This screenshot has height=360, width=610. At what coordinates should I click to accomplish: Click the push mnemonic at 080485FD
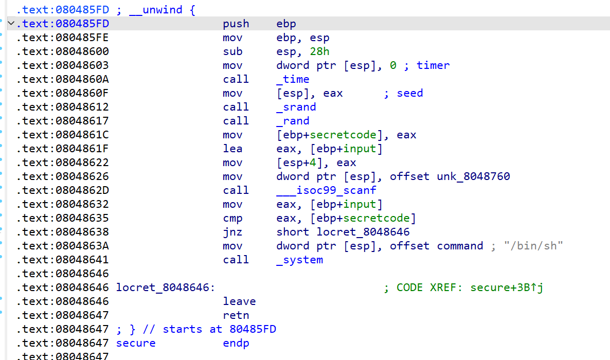coord(236,24)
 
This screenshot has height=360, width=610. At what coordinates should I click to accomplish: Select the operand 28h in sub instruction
coord(319,51)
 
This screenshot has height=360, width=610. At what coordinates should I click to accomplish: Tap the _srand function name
coord(296,107)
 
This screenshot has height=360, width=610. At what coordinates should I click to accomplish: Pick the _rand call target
coord(293,121)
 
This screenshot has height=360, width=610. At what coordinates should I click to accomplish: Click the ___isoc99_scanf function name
coord(326,190)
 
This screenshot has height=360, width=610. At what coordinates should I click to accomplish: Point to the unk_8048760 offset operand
coord(473,176)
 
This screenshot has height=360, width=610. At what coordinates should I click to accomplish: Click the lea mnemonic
coord(232,149)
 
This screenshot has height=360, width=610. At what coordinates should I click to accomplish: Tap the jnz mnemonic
coord(232,232)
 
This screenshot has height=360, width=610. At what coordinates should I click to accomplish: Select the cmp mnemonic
coord(232,218)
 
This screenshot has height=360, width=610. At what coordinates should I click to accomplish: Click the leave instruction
coord(239,301)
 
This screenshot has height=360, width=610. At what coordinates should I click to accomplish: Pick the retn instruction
coord(236,315)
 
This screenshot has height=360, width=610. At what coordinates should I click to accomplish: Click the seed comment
coord(409,93)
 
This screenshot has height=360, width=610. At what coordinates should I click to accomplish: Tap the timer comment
coord(433,65)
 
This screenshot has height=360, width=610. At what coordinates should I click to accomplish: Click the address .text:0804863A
coord(62,246)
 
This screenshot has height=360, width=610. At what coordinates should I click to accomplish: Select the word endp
coord(236,343)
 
